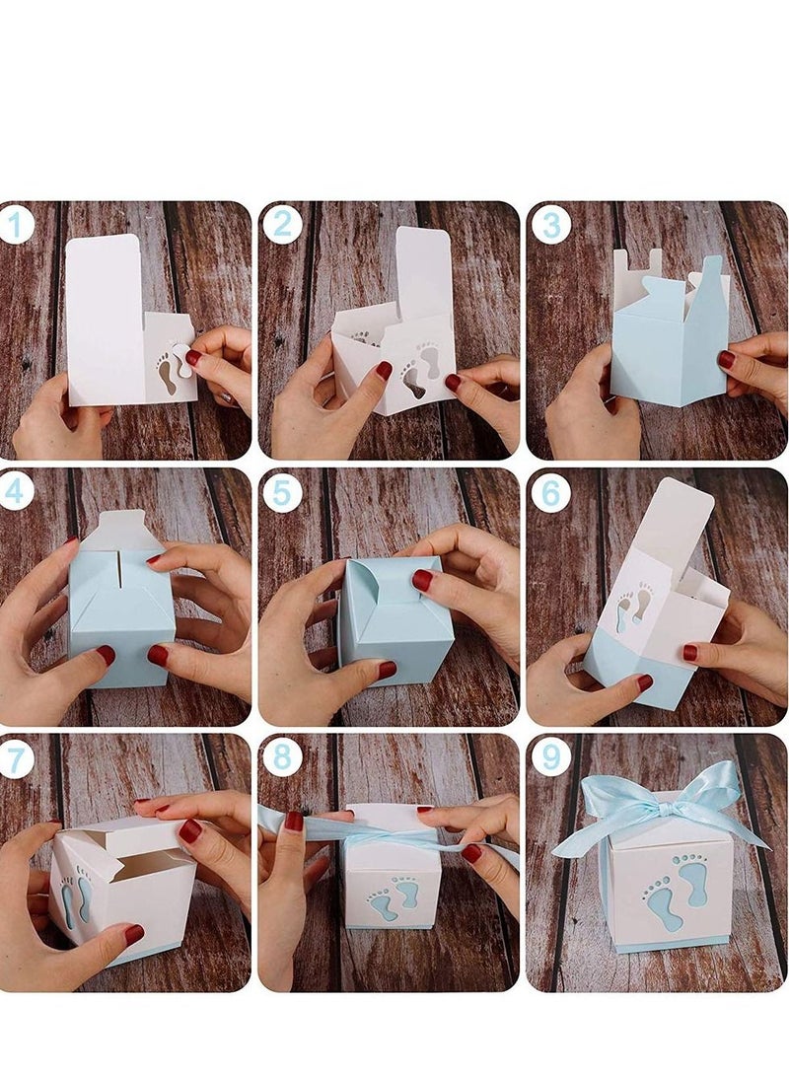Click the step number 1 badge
(x=17, y=225)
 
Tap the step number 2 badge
(x=282, y=225)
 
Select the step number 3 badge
(x=550, y=225)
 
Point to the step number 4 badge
(x=17, y=490)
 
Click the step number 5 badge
(x=282, y=490)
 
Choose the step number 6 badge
(x=550, y=490)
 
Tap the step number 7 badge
(x=17, y=757)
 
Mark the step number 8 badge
(x=282, y=757)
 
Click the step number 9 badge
(x=550, y=757)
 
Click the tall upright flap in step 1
(x=105, y=316)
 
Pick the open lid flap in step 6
(x=677, y=528)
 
